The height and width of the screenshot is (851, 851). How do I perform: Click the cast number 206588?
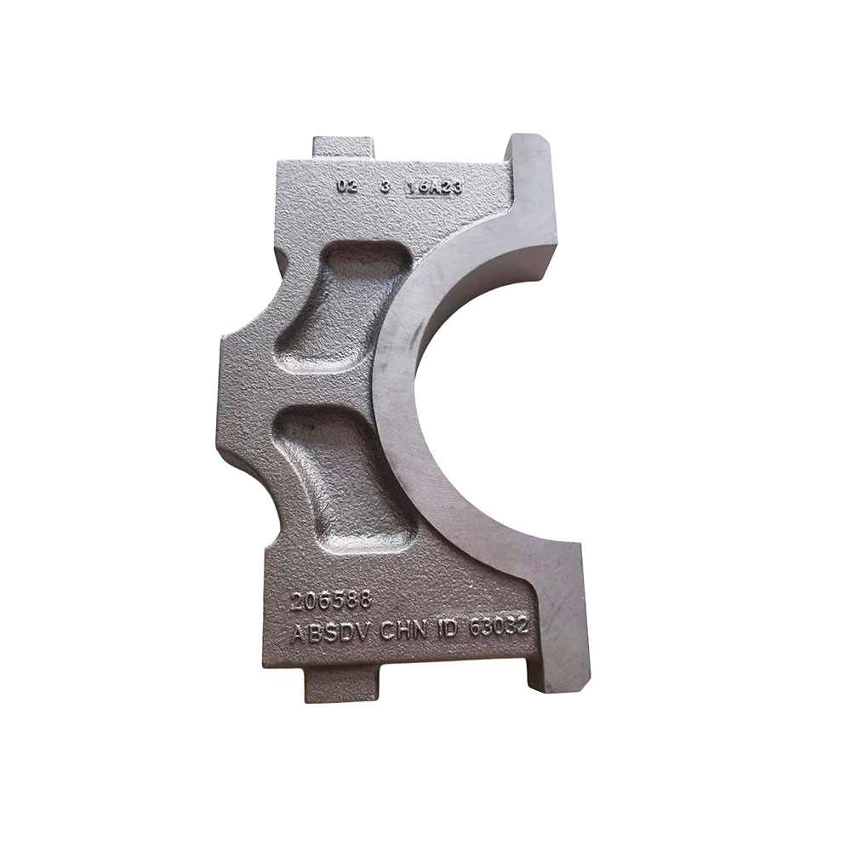tap(331, 601)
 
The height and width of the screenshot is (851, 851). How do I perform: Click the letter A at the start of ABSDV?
tap(297, 636)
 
